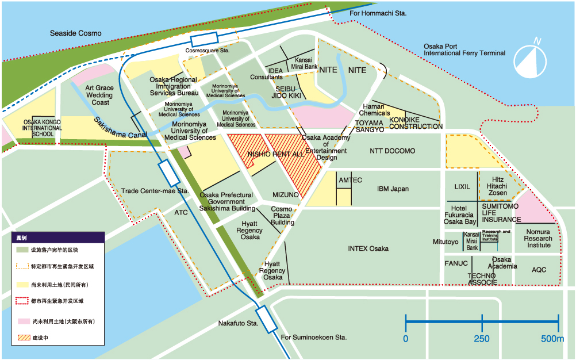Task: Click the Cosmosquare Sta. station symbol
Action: coord(205,39)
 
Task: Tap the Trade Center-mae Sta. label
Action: coord(155,191)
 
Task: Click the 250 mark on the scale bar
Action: coord(482,339)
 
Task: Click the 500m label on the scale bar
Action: coord(552,339)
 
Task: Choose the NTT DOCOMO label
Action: coord(392,151)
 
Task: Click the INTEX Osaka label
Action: coord(368,248)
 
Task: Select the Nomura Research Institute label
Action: coord(538,238)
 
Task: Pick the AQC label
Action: coord(539,270)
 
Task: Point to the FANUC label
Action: coord(456,263)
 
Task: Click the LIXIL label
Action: coord(462,187)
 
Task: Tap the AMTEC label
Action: coord(350,180)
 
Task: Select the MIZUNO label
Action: coord(286,195)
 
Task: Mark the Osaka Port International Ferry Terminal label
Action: coord(464,49)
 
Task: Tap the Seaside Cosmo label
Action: coord(75,33)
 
